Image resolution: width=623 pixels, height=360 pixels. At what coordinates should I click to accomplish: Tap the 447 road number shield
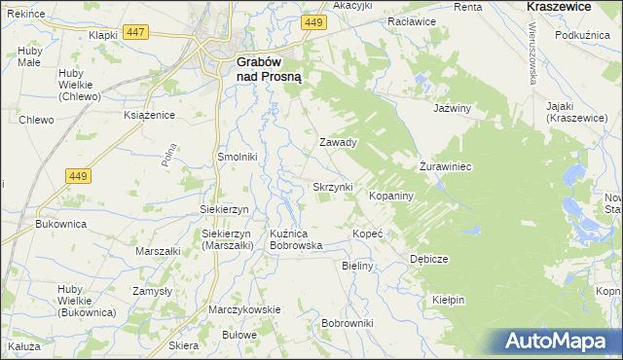click(x=135, y=33)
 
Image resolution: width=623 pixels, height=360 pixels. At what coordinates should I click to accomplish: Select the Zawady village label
click(x=339, y=142)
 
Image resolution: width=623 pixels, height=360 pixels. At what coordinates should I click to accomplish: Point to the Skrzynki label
click(x=332, y=186)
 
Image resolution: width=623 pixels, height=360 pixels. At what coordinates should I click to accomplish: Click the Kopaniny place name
click(x=392, y=196)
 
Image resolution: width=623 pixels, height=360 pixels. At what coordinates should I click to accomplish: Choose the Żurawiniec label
click(x=445, y=166)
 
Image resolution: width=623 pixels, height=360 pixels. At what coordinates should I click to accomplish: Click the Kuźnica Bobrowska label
click(x=296, y=239)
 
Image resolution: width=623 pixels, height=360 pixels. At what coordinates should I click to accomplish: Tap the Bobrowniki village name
click(x=348, y=322)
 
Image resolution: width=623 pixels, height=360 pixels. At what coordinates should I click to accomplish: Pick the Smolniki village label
click(x=237, y=156)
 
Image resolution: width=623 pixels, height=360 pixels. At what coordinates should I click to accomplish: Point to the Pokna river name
click(x=170, y=153)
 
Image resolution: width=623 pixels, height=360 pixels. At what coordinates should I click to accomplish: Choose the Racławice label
click(x=410, y=20)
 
